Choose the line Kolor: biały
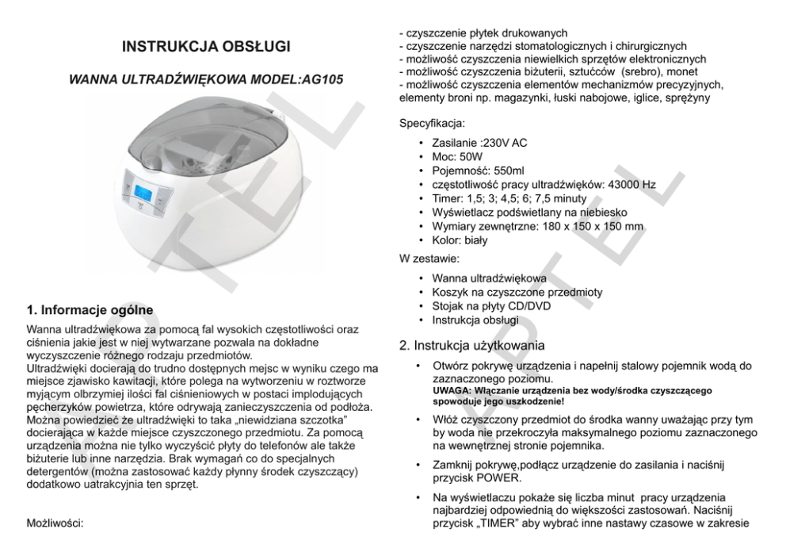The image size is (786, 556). [460, 240]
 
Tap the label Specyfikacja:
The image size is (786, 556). [433, 124]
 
